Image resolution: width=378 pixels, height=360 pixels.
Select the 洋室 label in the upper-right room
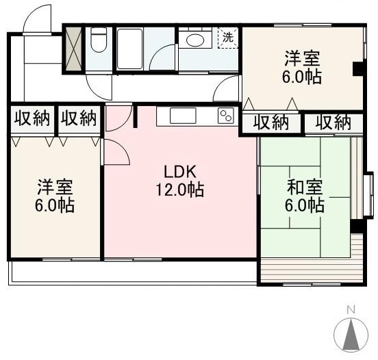point(303,57)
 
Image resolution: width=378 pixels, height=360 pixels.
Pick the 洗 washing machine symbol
point(227,37)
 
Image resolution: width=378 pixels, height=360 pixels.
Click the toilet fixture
point(99,42)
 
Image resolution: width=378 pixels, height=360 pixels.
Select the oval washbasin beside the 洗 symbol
point(196,40)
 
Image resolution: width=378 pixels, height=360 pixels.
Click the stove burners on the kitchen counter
point(225,116)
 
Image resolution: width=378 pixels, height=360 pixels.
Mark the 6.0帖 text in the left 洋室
point(55,205)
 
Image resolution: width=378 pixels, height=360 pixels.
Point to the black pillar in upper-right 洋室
point(357,69)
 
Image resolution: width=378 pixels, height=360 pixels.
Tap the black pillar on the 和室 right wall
point(355,226)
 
